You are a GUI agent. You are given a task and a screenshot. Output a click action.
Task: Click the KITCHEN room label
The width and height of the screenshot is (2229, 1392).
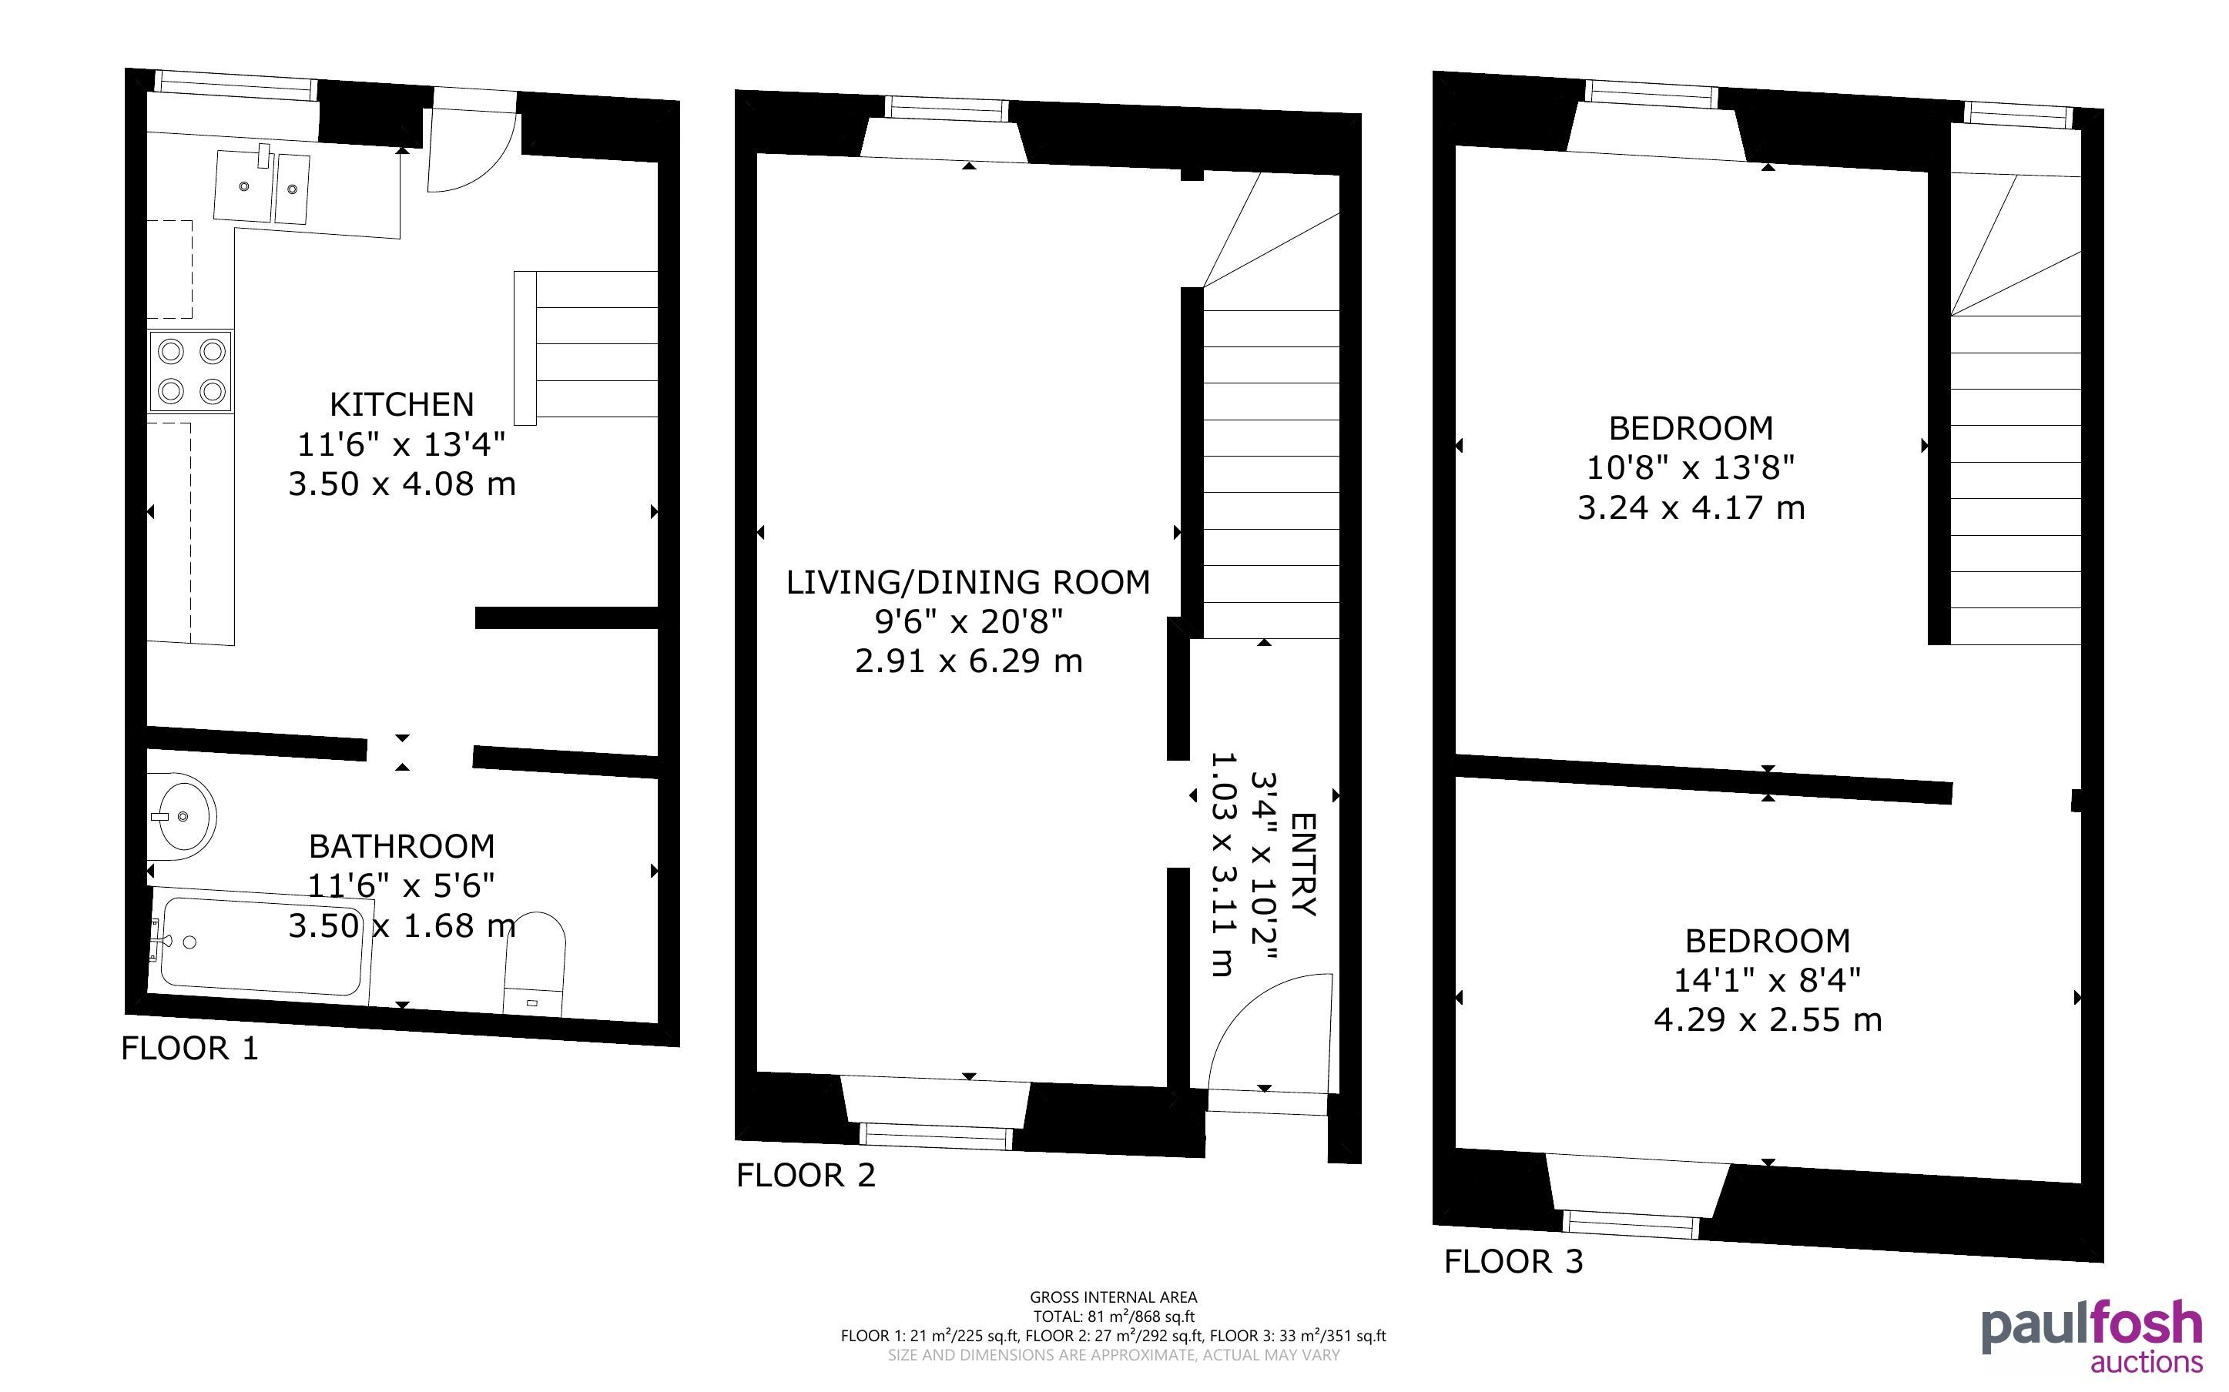click(401, 404)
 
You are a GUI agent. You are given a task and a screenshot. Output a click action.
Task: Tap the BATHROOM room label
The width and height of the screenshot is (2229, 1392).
click(401, 846)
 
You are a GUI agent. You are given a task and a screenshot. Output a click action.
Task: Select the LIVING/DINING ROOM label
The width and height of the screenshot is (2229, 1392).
click(969, 582)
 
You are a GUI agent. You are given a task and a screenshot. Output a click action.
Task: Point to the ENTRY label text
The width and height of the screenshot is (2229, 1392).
click(1304, 865)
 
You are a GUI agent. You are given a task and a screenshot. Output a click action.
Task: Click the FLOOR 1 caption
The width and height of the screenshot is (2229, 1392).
click(189, 1049)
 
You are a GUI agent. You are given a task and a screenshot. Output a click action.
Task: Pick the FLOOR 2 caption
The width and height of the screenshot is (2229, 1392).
click(806, 1176)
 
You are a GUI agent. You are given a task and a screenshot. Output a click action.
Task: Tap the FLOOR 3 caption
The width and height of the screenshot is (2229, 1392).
click(1513, 1261)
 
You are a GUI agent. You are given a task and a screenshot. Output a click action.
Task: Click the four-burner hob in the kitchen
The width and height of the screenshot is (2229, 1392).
click(190, 372)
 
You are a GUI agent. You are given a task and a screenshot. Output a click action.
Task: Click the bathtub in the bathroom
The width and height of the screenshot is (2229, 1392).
click(260, 945)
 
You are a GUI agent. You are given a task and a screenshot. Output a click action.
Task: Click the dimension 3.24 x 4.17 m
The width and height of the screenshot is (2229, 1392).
click(1691, 508)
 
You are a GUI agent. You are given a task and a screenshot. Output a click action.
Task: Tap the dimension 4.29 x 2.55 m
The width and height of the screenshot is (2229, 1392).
click(1768, 1020)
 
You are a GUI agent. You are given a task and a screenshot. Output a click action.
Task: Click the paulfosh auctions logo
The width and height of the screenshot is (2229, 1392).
click(2092, 1336)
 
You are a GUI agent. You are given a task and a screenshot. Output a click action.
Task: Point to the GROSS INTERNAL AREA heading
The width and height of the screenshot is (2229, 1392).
click(1113, 1298)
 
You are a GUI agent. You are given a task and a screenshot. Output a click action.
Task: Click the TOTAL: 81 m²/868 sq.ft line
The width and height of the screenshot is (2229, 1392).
click(1113, 1317)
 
